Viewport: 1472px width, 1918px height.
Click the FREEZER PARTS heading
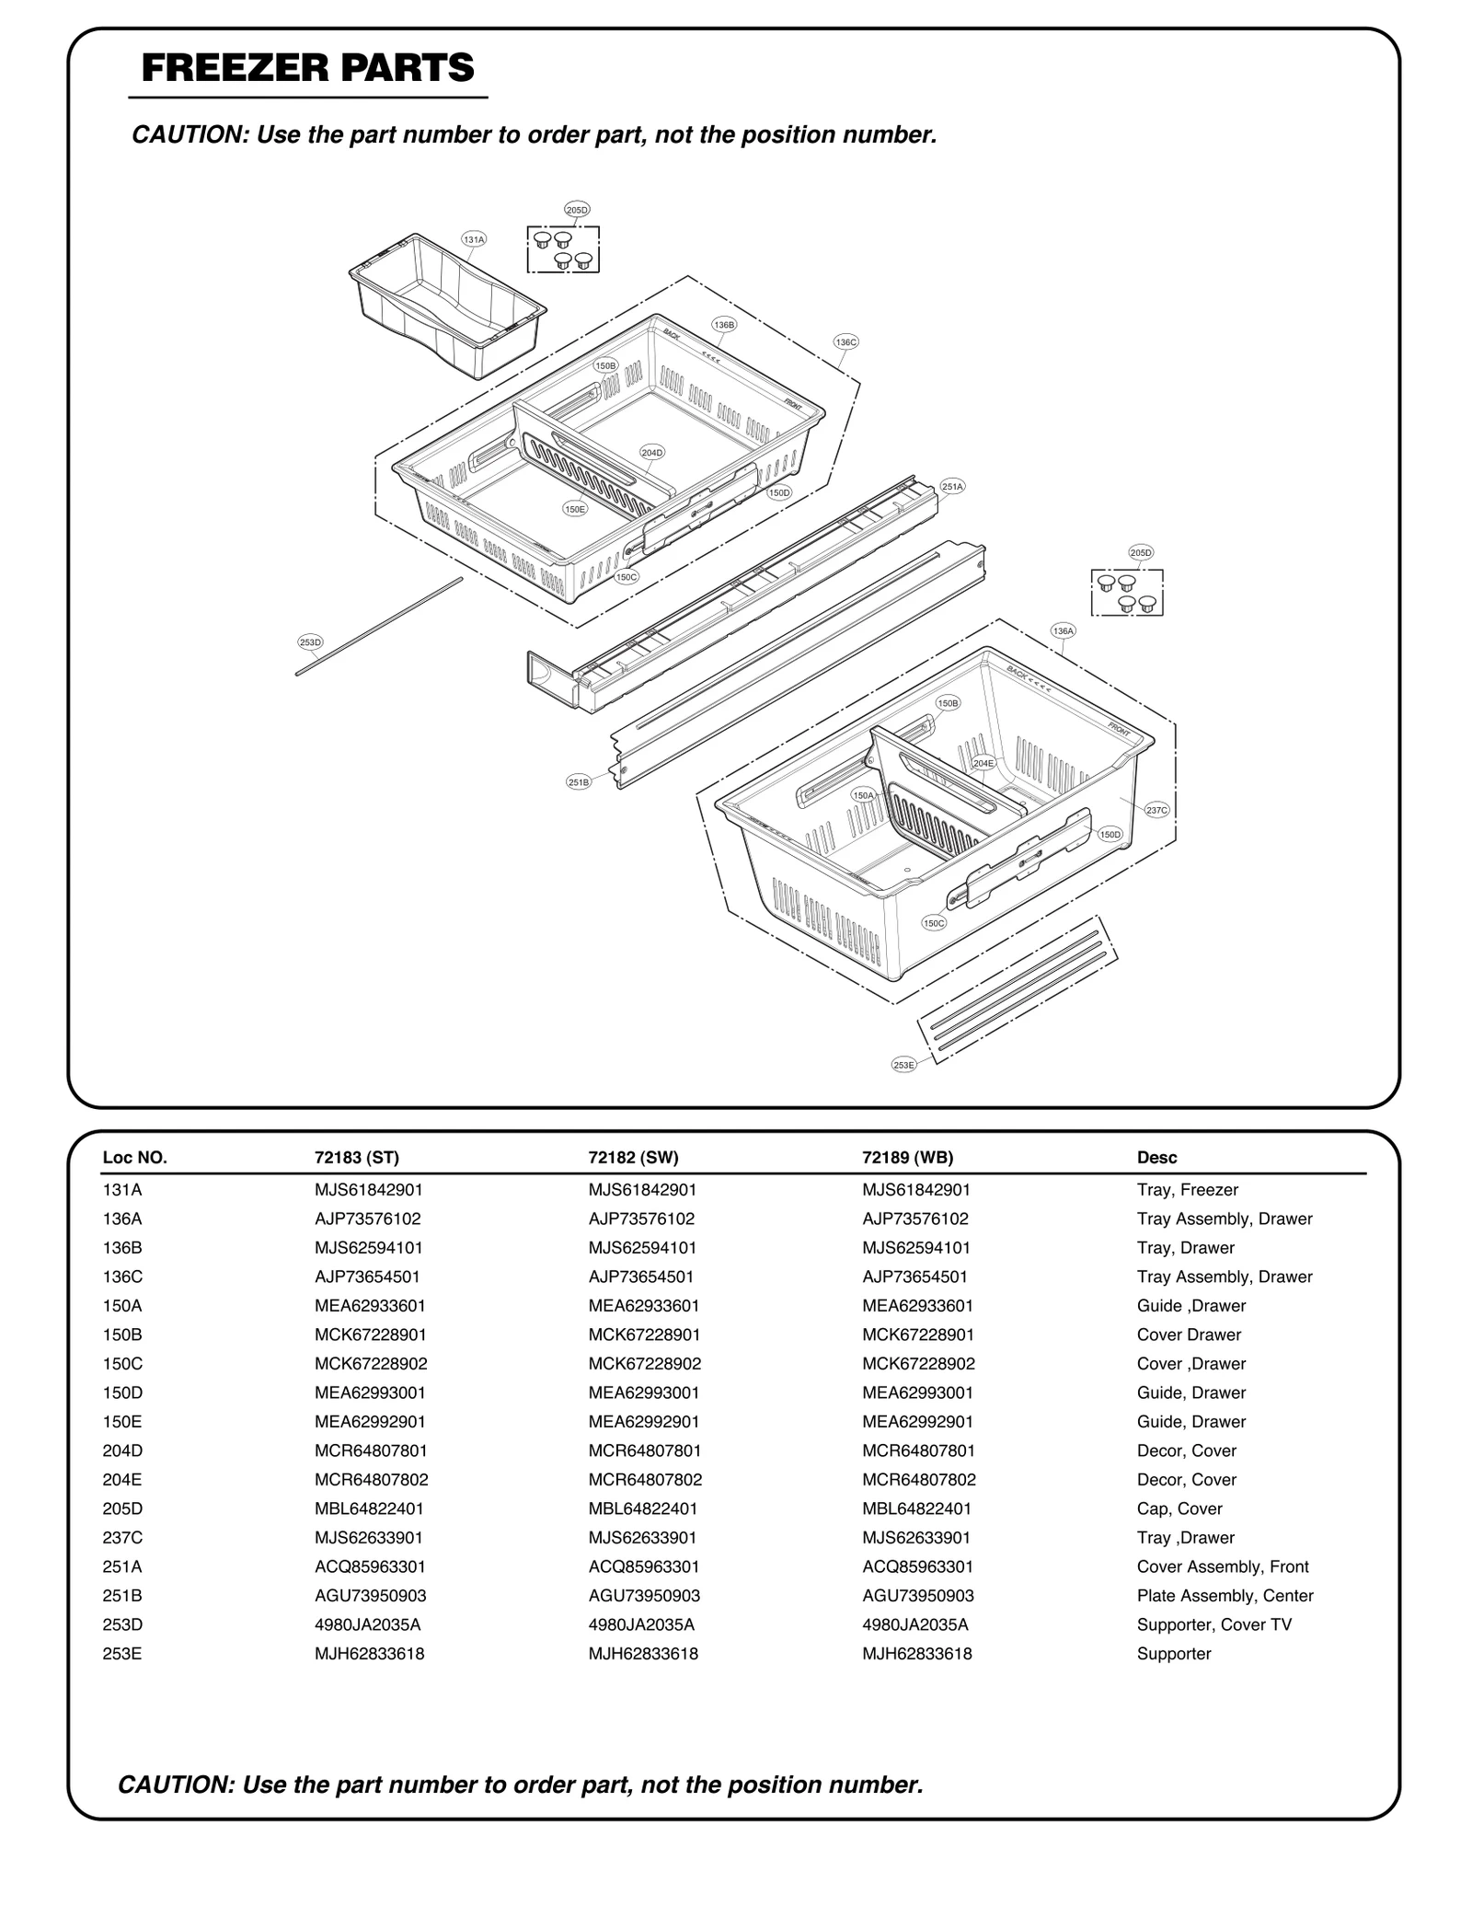(x=307, y=69)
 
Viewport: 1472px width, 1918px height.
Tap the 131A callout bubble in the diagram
(x=474, y=239)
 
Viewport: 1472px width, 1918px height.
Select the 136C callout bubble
(x=845, y=342)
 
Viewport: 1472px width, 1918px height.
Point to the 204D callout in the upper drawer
(x=652, y=453)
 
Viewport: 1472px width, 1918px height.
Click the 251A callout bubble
(x=952, y=487)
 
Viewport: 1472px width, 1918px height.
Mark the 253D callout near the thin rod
(x=310, y=642)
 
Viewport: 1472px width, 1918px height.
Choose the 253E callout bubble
(x=903, y=1065)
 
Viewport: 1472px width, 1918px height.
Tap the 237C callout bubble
(x=1156, y=810)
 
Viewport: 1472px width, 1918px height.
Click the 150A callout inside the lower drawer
(x=863, y=795)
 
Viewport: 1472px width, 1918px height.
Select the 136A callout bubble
(x=1063, y=631)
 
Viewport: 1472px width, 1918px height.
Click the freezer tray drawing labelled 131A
(x=448, y=308)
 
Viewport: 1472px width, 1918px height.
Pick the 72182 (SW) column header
(x=633, y=1158)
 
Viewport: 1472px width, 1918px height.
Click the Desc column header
(x=1156, y=1158)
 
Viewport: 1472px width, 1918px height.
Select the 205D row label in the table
(x=122, y=1508)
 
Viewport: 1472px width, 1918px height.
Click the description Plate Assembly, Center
(x=1225, y=1596)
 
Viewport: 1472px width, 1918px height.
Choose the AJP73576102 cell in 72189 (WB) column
(x=914, y=1219)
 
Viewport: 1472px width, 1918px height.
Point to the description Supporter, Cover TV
(x=1213, y=1624)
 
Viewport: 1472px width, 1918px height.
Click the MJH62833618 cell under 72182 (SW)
(x=642, y=1654)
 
